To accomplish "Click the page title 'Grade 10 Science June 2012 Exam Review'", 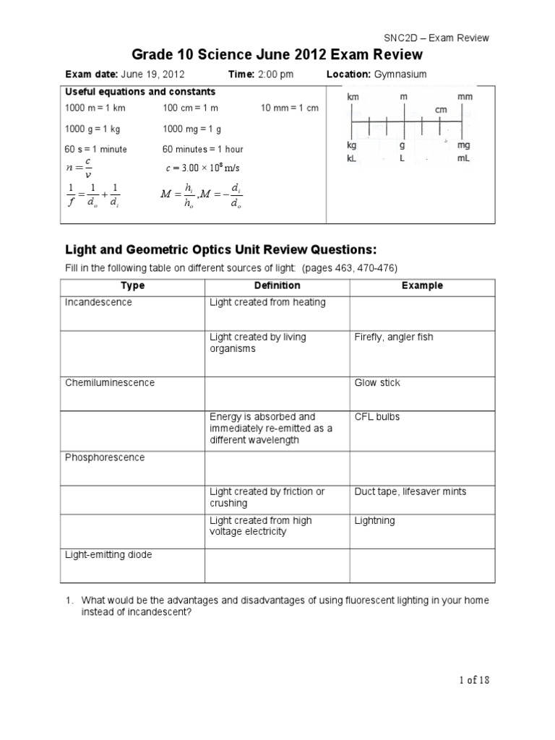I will pyautogui.click(x=277, y=56).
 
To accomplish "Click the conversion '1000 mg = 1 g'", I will pyautogui.click(x=192, y=129).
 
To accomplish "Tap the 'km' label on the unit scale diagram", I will pyautogui.click(x=353, y=97).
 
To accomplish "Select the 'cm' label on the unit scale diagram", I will pyautogui.click(x=442, y=109).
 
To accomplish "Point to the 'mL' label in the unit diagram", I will pyautogui.click(x=464, y=157).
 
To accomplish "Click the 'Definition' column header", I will pyautogui.click(x=277, y=285).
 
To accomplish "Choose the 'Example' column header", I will pyautogui.click(x=422, y=285).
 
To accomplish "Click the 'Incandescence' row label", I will pyautogui.click(x=99, y=302).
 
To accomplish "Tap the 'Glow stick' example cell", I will pyautogui.click(x=377, y=382).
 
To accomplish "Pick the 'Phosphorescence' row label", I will pyautogui.click(x=105, y=457).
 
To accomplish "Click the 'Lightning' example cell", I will pyautogui.click(x=374, y=520).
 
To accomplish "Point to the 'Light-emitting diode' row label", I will pyautogui.click(x=108, y=555).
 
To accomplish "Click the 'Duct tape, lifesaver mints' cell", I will pyautogui.click(x=410, y=491).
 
